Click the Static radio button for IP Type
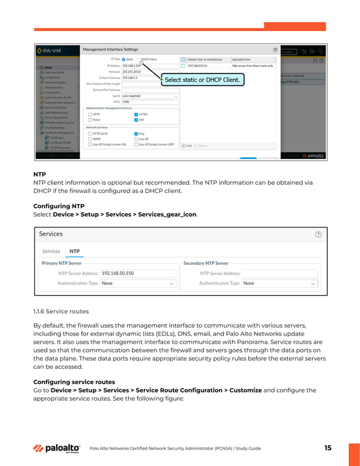point(124,59)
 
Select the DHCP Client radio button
point(139,59)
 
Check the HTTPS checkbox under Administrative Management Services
point(136,114)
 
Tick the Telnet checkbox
point(90,120)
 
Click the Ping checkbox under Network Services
point(136,134)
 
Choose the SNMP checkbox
point(90,139)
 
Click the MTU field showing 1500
point(150,102)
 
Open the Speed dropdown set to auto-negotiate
point(150,96)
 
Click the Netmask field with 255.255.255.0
point(150,72)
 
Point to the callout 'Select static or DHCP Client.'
point(202,80)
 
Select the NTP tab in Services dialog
point(74,251)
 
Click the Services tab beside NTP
point(51,251)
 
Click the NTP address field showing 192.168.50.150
point(138,273)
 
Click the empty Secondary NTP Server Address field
point(280,273)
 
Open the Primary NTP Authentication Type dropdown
point(138,283)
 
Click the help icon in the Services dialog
point(318,234)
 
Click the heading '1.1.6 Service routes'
point(61,311)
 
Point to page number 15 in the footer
point(328,448)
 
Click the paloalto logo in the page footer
point(56,449)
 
